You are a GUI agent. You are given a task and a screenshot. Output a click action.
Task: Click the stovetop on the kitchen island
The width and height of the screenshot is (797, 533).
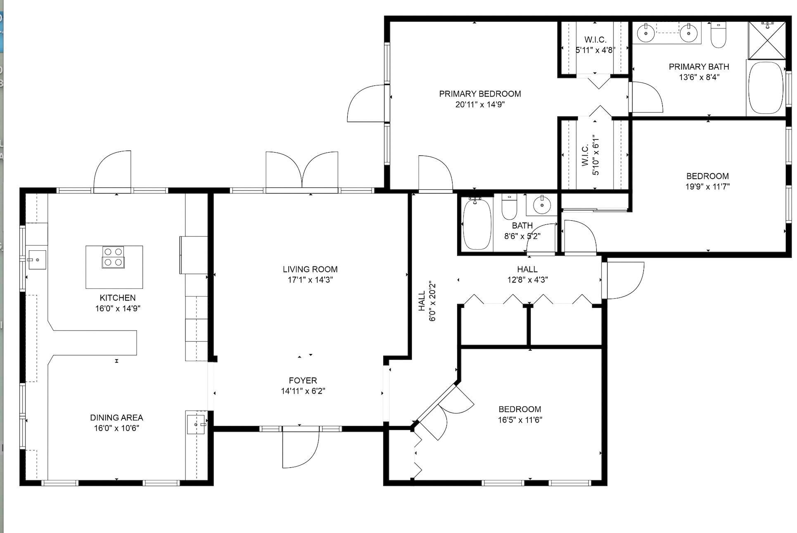[113, 257]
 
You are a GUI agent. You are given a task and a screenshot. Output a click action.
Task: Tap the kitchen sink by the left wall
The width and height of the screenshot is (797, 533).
[37, 260]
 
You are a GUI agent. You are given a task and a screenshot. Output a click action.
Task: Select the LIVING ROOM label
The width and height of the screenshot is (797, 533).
[310, 269]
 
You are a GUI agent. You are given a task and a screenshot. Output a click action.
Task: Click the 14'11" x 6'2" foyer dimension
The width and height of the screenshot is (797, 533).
[303, 391]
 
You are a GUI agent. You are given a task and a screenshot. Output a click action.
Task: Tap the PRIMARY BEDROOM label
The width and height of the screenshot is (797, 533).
[480, 94]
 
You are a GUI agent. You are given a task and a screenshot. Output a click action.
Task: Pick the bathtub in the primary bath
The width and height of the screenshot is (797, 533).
[766, 87]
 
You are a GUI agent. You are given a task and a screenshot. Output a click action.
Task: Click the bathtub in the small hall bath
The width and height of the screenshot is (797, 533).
[477, 224]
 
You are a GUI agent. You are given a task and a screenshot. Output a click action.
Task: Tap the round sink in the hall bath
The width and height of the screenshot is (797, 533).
[541, 204]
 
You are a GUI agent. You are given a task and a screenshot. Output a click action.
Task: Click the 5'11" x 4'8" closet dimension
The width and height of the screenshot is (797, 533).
[595, 50]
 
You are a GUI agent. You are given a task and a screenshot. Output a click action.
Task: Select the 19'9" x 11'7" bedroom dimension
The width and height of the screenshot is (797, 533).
[707, 186]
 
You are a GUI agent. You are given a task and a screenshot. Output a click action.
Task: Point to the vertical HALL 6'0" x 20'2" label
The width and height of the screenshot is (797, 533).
[427, 301]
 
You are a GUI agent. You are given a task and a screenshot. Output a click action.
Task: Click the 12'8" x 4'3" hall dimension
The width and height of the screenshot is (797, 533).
[527, 280]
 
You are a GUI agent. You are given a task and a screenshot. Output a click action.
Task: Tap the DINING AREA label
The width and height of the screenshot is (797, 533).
[116, 417]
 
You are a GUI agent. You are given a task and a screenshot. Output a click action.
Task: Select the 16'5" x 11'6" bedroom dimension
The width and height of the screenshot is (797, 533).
[520, 420]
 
